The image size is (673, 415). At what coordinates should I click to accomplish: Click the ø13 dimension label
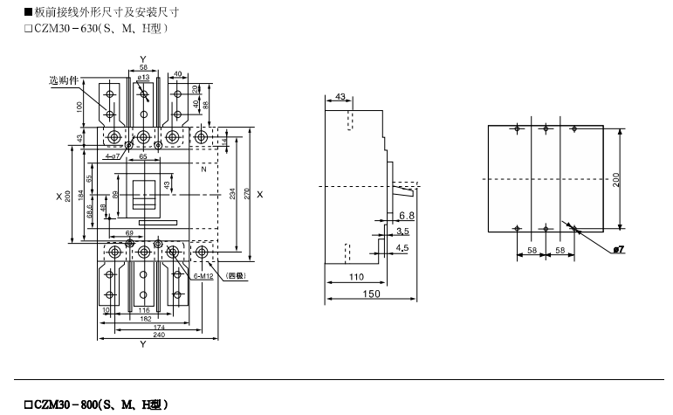coord(144,78)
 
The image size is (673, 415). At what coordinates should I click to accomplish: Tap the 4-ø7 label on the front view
coord(113,156)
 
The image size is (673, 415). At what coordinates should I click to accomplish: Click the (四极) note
coord(236,276)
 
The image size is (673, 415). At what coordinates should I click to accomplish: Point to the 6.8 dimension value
coord(406,216)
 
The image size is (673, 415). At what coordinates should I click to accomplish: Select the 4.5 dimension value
coord(402,247)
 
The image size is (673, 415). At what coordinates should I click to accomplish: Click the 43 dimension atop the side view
coord(340,95)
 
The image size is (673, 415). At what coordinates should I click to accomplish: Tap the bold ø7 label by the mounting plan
coord(618,250)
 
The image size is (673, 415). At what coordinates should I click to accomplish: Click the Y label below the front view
coord(142,345)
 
